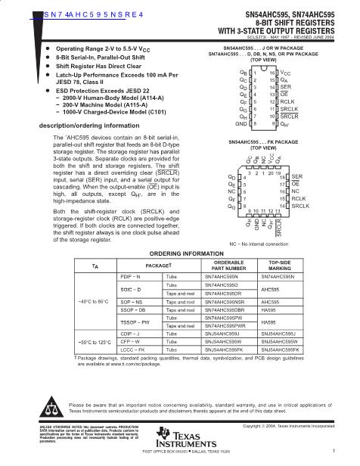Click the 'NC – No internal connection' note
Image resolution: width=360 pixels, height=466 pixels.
point(265,224)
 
